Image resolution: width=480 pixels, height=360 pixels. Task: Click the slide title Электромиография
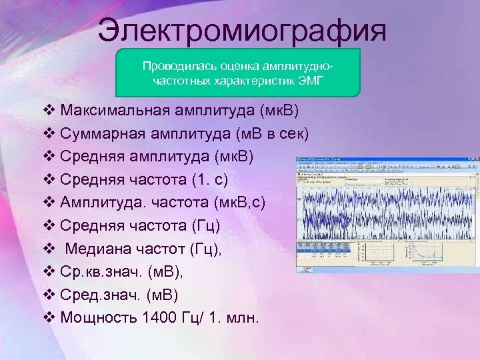point(241,30)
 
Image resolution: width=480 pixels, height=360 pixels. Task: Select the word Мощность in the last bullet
point(98,317)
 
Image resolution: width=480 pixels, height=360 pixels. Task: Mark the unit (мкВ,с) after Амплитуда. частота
point(243,201)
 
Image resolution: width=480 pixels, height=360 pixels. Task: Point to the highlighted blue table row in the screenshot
point(327,251)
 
